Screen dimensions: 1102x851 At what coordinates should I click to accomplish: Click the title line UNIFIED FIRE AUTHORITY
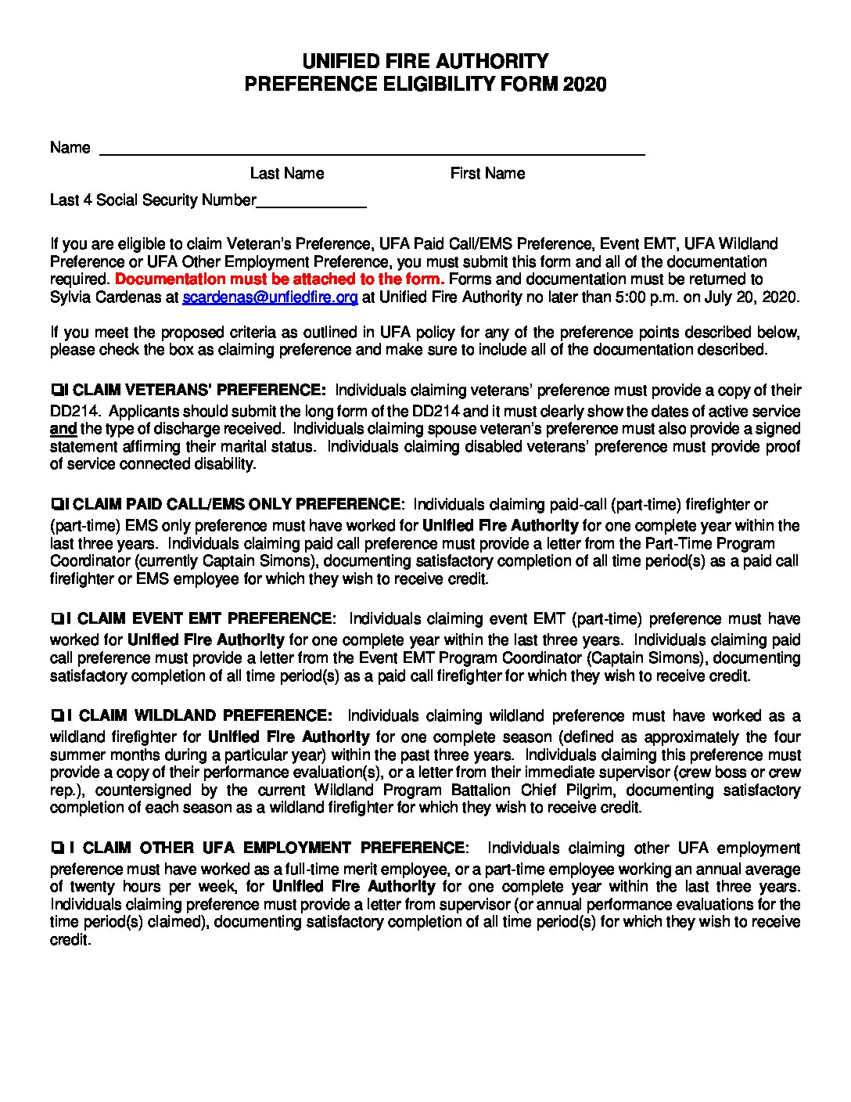pos(425,62)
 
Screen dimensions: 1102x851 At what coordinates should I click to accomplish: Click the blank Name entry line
pos(372,150)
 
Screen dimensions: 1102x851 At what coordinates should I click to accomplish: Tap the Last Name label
pos(286,173)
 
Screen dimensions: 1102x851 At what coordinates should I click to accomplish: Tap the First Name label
pos(487,173)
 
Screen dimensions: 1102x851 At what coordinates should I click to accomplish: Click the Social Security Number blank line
pos(311,202)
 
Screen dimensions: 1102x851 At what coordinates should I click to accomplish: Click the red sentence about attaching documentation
pos(279,279)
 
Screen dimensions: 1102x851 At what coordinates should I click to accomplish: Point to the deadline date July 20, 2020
pos(757,297)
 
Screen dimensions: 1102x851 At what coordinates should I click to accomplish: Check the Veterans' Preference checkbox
pos(56,390)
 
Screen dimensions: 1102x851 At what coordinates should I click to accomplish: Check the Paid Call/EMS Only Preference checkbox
pos(56,504)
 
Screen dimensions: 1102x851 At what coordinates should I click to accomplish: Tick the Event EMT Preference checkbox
pos(56,619)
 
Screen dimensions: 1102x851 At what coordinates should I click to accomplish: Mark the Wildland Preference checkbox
pos(56,715)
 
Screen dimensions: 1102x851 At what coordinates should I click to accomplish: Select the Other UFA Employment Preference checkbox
pos(56,848)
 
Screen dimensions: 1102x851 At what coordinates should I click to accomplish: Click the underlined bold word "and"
pos(63,429)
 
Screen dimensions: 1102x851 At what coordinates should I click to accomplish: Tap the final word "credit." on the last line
pos(70,939)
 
